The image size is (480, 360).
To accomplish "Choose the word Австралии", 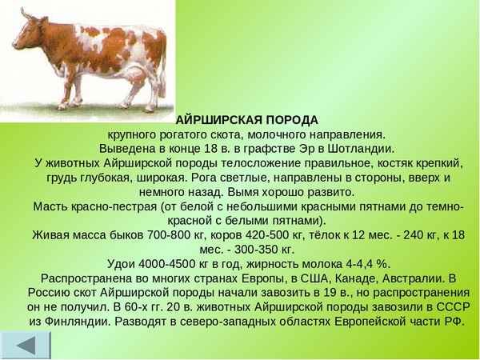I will click(x=403, y=278).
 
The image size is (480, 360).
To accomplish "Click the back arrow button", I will click(x=26, y=345).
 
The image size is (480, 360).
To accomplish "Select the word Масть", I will click(x=51, y=206).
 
